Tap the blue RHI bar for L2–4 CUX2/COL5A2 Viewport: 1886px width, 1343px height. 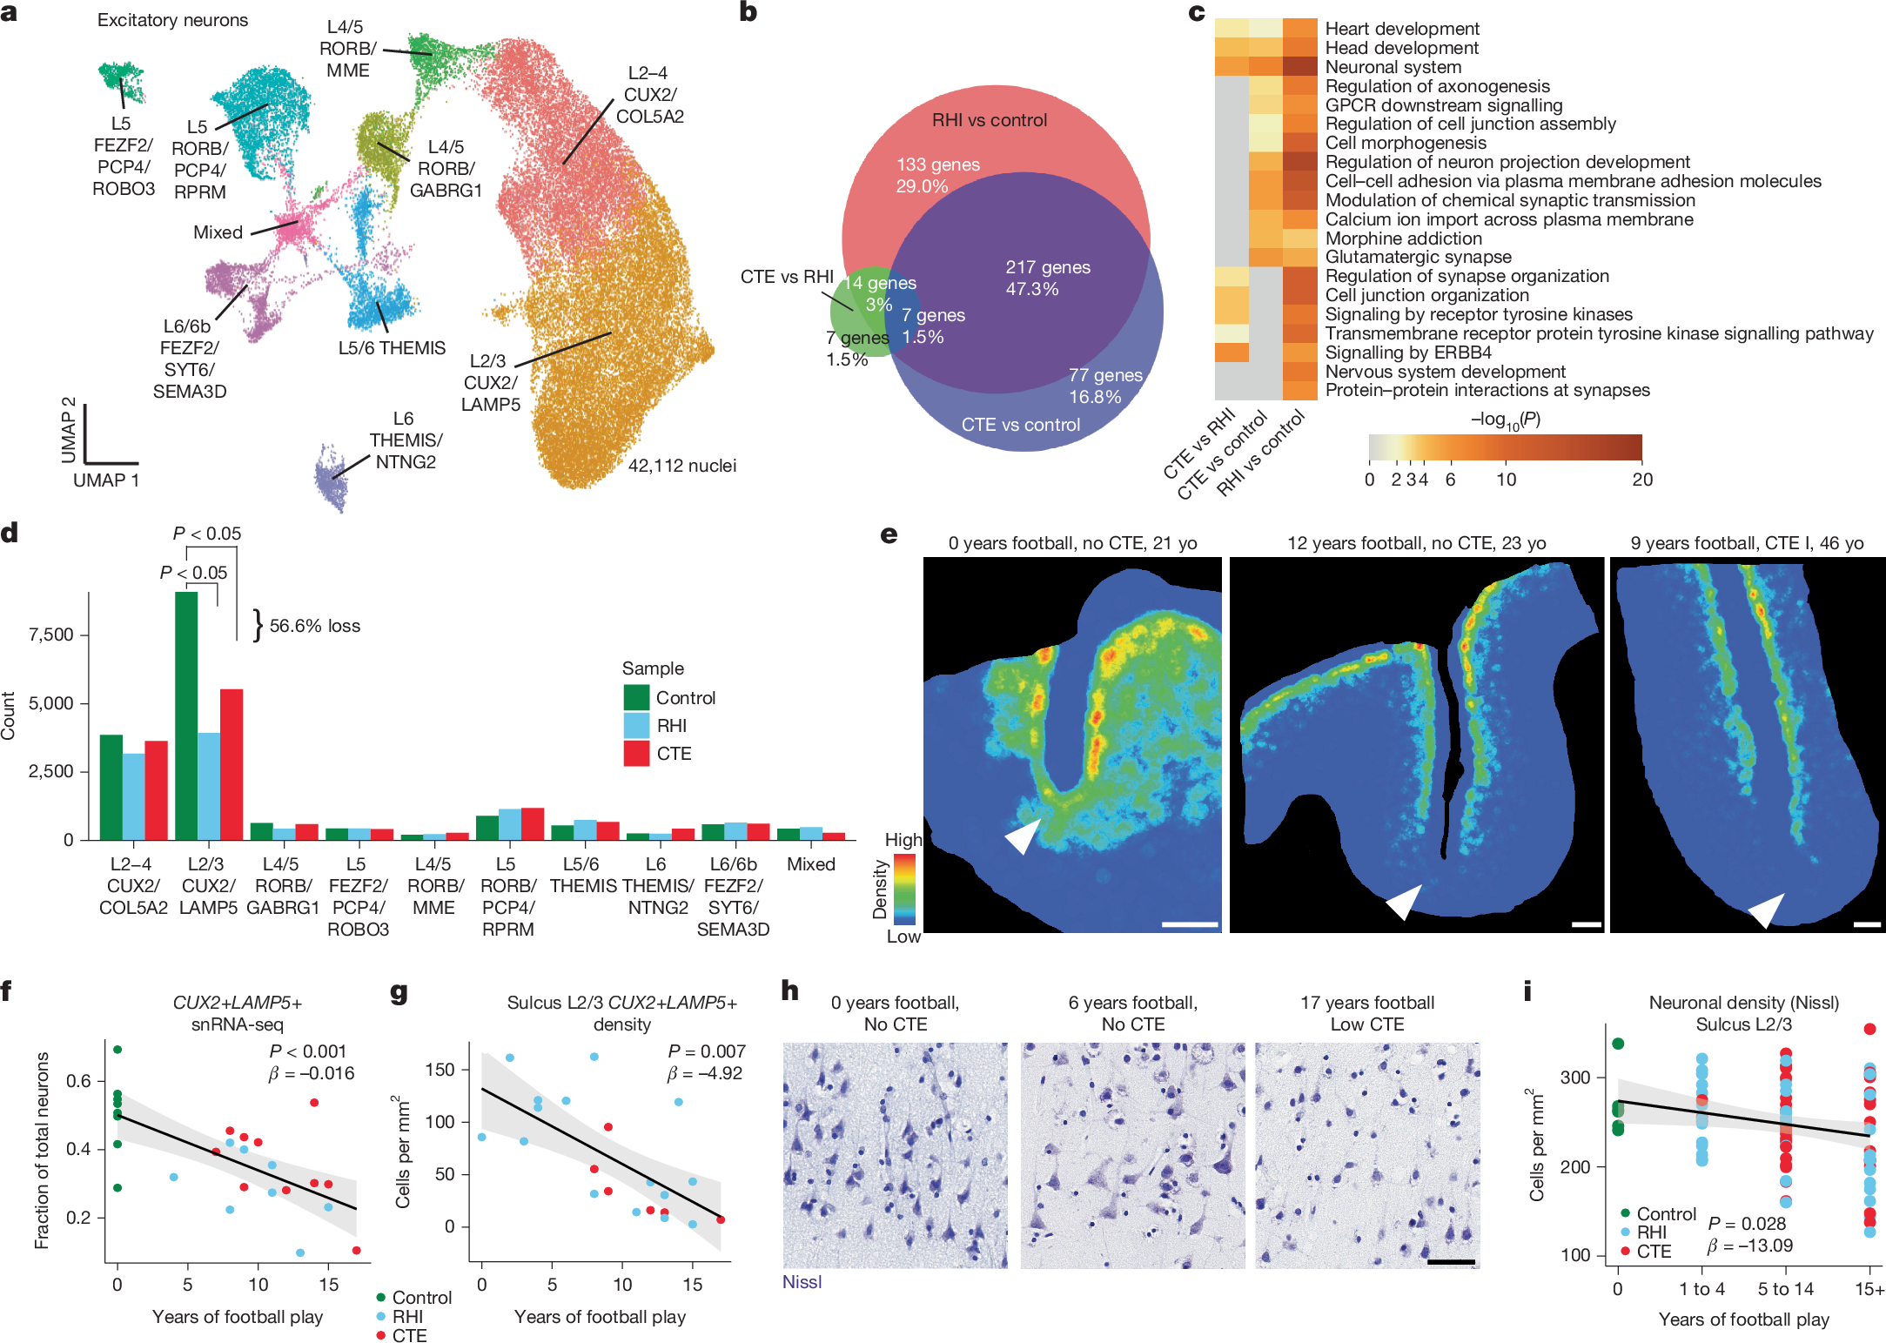[133, 796]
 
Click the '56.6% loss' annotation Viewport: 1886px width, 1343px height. [314, 626]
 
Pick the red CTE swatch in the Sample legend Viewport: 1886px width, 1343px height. [636, 754]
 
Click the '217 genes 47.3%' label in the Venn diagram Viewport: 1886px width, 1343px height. [1047, 278]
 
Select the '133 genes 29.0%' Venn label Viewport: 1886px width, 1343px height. [937, 175]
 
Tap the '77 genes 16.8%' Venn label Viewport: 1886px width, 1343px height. [1104, 386]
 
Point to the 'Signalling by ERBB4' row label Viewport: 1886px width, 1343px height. [1407, 353]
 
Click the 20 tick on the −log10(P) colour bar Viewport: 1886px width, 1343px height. [1641, 480]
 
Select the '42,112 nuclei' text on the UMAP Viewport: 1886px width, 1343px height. [681, 466]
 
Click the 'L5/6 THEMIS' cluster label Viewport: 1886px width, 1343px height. [392, 348]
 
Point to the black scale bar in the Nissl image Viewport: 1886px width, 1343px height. [1451, 1261]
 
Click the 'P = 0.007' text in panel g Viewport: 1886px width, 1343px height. [706, 1051]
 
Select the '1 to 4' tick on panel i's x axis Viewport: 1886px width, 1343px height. [1701, 1289]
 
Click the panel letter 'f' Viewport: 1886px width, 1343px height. [7, 990]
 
